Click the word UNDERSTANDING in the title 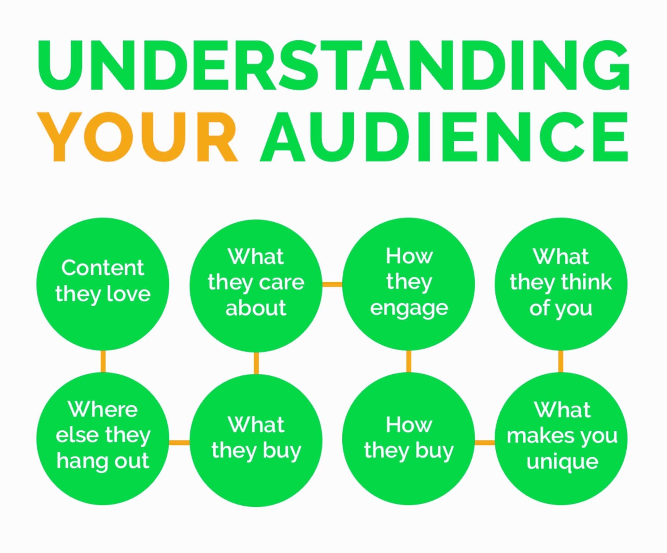pyautogui.click(x=333, y=65)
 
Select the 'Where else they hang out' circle pyautogui.click(x=103, y=439)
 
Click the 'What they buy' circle pyautogui.click(x=256, y=441)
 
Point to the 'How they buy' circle pyautogui.click(x=408, y=439)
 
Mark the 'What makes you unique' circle pyautogui.click(x=561, y=439)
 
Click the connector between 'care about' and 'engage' pyautogui.click(x=332, y=285)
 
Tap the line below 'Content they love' pyautogui.click(x=103, y=361)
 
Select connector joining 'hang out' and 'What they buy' pyautogui.click(x=179, y=442)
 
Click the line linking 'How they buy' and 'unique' pyautogui.click(x=485, y=442)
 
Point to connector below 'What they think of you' pyautogui.click(x=561, y=361)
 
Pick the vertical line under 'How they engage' pyautogui.click(x=409, y=361)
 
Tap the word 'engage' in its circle pyautogui.click(x=409, y=309)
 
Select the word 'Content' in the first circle pyautogui.click(x=103, y=268)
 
